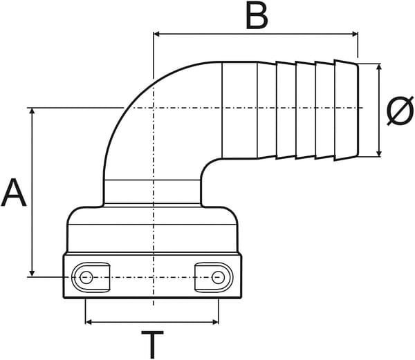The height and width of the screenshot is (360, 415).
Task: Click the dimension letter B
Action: [x=257, y=15]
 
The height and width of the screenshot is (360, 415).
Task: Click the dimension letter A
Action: [x=14, y=192]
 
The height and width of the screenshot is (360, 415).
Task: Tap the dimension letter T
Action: [x=152, y=344]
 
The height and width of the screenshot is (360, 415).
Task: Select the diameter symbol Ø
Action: [x=400, y=111]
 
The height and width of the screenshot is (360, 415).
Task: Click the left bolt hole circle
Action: [x=86, y=278]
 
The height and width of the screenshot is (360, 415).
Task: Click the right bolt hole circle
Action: [x=218, y=278]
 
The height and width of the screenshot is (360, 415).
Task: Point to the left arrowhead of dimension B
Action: [x=156, y=34]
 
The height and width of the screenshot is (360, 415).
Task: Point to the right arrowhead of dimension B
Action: [x=355, y=34]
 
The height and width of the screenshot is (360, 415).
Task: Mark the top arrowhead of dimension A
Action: [x=32, y=111]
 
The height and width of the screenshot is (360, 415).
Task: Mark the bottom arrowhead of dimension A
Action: [x=32, y=274]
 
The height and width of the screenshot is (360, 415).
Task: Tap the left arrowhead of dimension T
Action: [x=89, y=322]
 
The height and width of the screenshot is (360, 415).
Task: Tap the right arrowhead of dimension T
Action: [x=215, y=322]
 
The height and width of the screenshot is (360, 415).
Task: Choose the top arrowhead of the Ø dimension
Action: [x=379, y=67]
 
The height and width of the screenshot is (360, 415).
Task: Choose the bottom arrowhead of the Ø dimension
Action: [x=379, y=153]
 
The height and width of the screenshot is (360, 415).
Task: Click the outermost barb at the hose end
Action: [x=347, y=110]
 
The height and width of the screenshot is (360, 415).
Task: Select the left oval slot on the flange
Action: [x=91, y=278]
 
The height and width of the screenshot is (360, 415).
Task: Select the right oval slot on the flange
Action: [x=214, y=278]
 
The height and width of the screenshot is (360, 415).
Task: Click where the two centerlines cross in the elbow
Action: [x=154, y=108]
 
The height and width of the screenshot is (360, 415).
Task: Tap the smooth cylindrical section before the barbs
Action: [x=239, y=110]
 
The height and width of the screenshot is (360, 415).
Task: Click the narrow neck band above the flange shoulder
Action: [x=152, y=192]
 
